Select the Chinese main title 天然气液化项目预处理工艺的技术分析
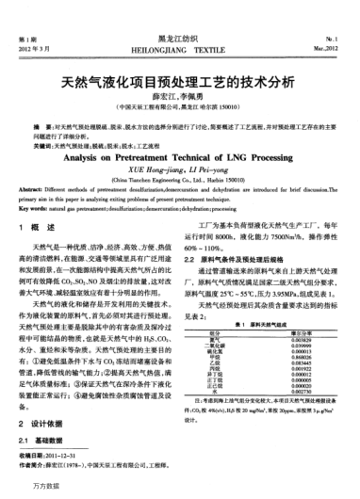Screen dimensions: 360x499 pyautogui.click(x=179, y=83)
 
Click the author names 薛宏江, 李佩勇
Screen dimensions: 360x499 pyautogui.click(x=179, y=99)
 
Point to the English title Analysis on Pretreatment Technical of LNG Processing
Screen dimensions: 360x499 pyautogui.click(x=179, y=161)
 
